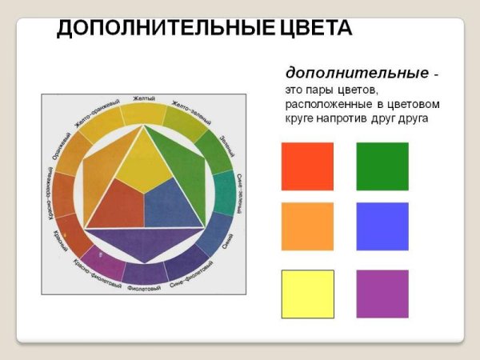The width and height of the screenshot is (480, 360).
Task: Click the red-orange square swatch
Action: pos(307,166)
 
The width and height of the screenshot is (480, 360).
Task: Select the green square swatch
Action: pos(382,166)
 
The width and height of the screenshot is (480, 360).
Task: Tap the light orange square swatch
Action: pos(307,226)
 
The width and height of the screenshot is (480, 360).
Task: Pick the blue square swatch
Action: pos(382,226)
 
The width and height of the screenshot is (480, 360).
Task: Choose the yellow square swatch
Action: pos(307,294)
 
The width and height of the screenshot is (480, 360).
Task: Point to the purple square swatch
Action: pos(382,294)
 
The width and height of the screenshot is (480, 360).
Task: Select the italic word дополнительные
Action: pos(357,72)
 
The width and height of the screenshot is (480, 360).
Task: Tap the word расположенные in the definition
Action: pos(325,104)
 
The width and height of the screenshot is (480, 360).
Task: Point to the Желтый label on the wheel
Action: pos(144,99)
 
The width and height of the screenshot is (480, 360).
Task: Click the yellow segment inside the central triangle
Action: pos(144,164)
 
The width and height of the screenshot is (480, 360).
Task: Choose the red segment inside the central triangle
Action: pos(118,204)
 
